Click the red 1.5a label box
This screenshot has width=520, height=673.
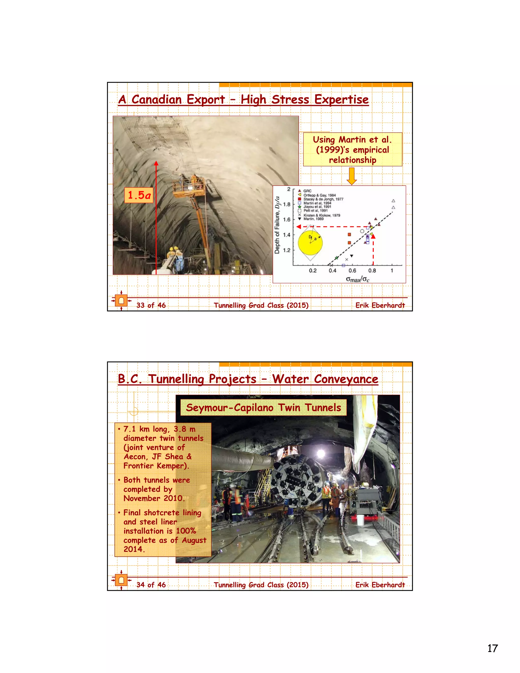pyautogui.click(x=139, y=195)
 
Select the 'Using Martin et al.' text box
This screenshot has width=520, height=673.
pyautogui.click(x=352, y=149)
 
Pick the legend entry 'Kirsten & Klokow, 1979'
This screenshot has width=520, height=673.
pyautogui.click(x=322, y=215)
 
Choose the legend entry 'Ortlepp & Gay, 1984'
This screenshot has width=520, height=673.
pyautogui.click(x=319, y=195)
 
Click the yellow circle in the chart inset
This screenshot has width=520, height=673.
pyautogui.click(x=311, y=243)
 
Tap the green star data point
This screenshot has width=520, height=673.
pyautogui.click(x=337, y=258)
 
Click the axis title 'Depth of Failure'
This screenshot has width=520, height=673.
pyautogui.click(x=277, y=225)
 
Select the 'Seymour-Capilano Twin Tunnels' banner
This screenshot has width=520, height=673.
pyautogui.click(x=263, y=407)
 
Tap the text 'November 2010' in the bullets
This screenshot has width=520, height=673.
pyautogui.click(x=153, y=498)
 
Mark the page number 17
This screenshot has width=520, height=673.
pyautogui.click(x=492, y=648)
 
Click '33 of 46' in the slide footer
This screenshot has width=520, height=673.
pyautogui.click(x=151, y=305)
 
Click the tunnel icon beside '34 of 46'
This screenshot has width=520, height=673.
pyautogui.click(x=121, y=580)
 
